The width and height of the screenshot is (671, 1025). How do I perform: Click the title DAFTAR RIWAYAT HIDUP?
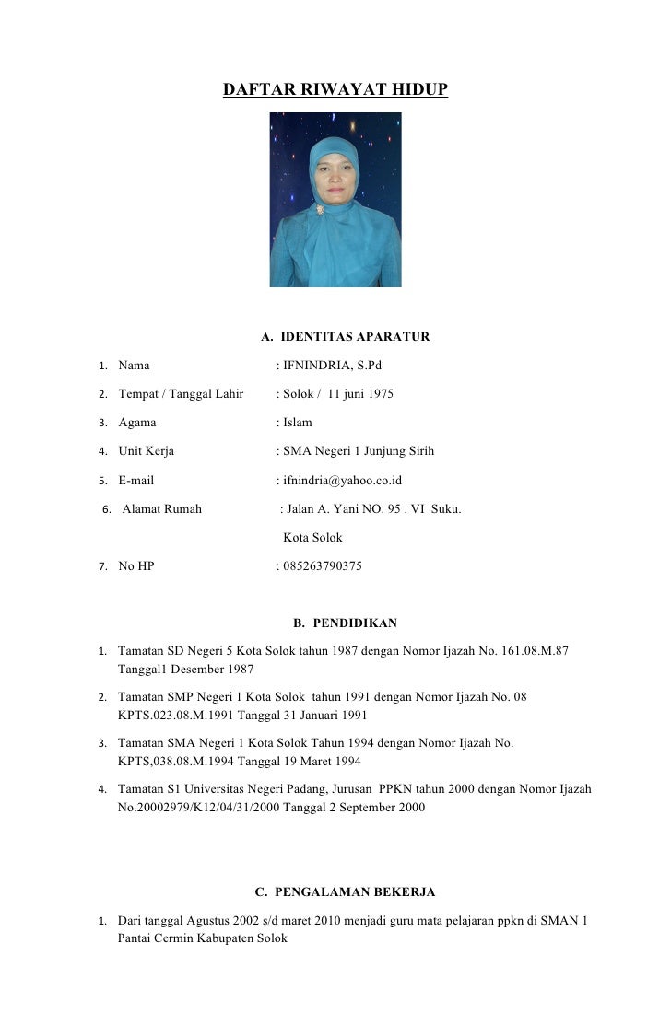pos(335,90)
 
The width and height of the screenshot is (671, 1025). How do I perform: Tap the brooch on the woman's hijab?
pos(322,210)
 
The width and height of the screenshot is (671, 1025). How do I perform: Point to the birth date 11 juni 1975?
pos(360,394)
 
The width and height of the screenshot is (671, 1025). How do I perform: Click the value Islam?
pos(298,423)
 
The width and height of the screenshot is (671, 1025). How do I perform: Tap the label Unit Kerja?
pos(146,451)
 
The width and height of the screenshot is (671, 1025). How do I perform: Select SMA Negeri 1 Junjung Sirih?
pos(359,451)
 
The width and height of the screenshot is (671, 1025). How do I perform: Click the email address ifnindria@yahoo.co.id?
pos(342,480)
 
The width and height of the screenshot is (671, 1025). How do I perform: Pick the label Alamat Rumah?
pos(161,508)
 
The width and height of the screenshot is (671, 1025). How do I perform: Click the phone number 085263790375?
pos(323,566)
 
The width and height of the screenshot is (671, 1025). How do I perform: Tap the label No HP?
pos(136,566)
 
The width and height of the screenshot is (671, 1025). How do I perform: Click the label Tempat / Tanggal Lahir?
pos(181,394)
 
